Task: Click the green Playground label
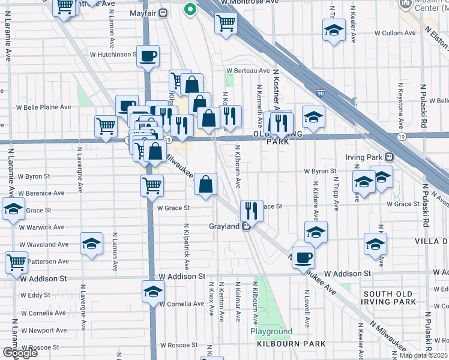pos(271,331)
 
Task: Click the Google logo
pos(20,353)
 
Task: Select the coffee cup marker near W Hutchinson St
pos(148,56)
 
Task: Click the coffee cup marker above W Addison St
pos(303,257)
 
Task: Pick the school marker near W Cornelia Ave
pos(153,292)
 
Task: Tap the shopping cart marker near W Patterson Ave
pos(16,262)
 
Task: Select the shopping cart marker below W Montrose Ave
pos(226,23)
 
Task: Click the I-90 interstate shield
pos(321,94)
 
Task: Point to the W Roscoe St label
pos(178,345)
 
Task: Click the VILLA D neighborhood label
pos(432,241)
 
